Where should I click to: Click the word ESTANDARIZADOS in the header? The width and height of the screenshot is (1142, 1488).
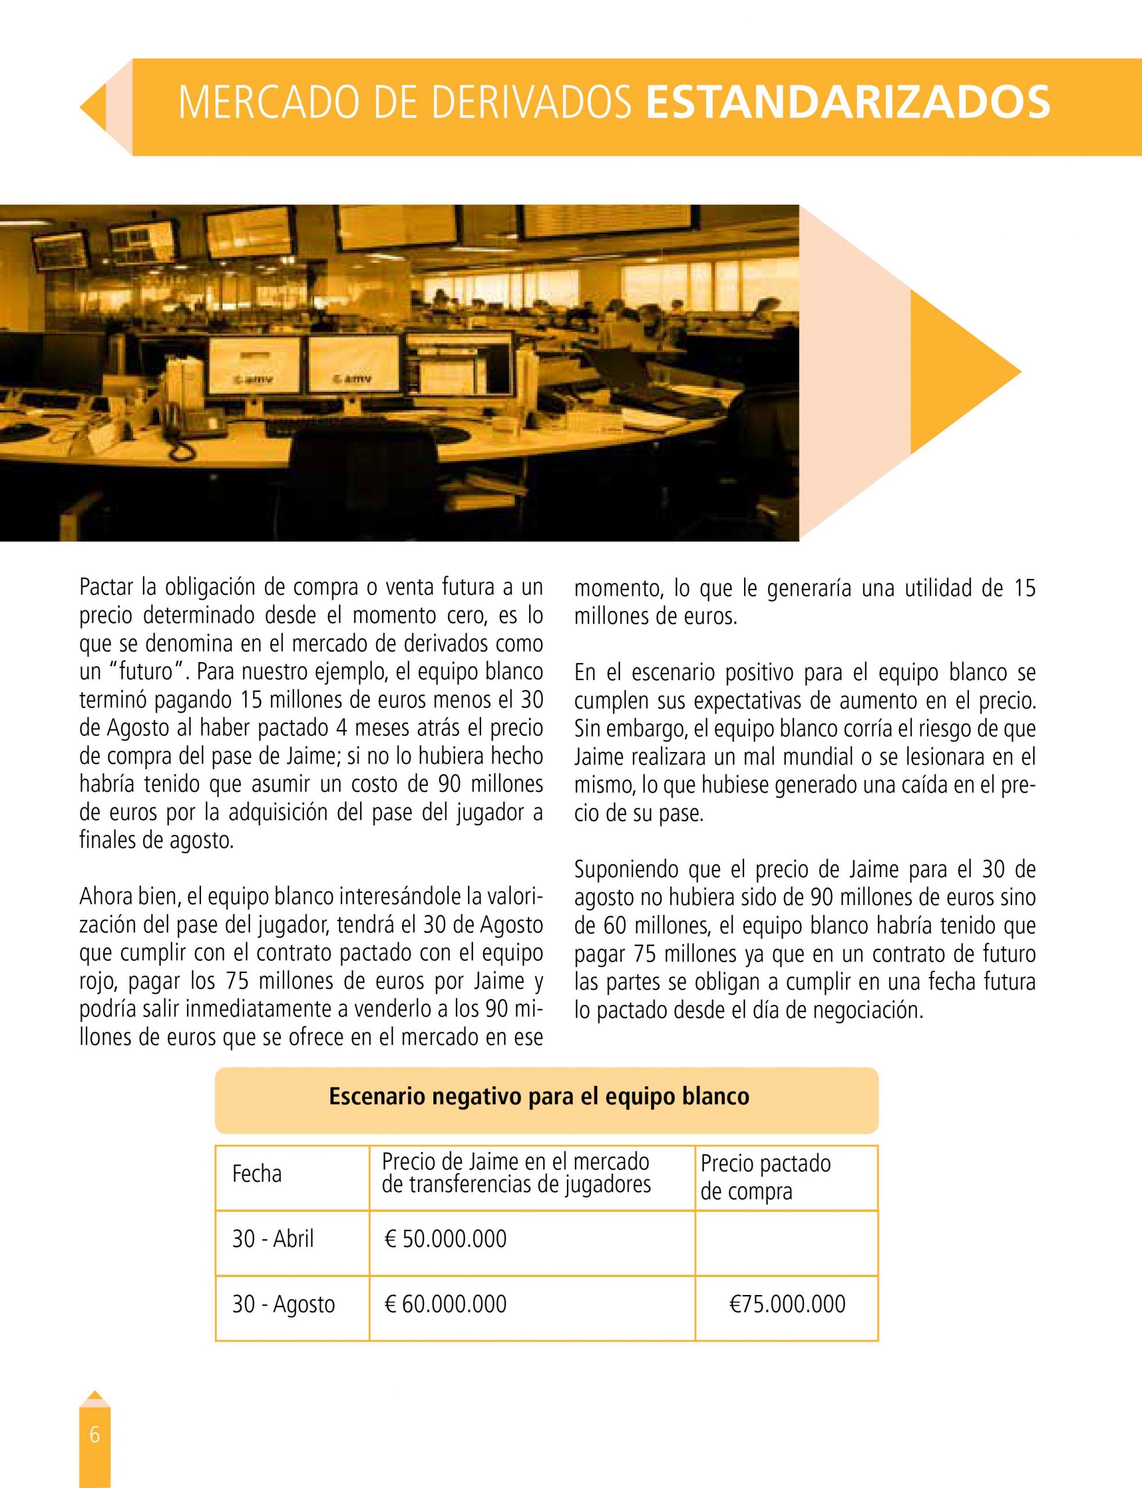coord(847,103)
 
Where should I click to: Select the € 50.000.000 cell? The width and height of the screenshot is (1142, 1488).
coord(446,1239)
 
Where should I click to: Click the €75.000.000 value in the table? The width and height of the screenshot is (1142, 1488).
coord(787,1304)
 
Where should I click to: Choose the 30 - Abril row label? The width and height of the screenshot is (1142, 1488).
coord(273,1239)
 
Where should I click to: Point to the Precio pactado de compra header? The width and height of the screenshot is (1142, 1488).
coord(766,1176)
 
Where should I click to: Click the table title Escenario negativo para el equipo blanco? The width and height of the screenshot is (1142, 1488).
coord(539,1097)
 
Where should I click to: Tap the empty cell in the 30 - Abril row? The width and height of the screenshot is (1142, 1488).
coord(787,1240)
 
